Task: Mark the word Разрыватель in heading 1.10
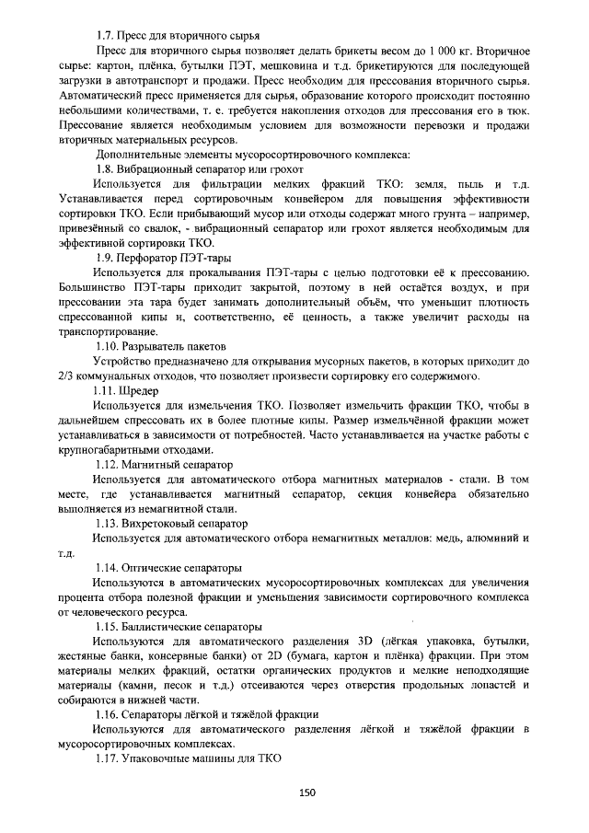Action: (x=154, y=346)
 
